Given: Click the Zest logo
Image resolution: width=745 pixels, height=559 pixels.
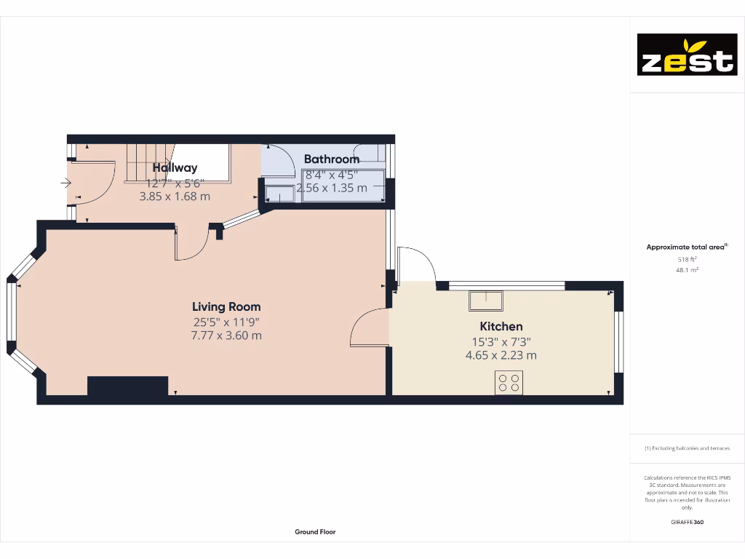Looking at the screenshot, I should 687,55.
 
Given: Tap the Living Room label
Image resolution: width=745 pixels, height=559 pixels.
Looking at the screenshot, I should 226,306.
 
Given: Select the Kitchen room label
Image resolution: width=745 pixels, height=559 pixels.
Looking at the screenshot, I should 501,327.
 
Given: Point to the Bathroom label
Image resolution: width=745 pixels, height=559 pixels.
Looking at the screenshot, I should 331,159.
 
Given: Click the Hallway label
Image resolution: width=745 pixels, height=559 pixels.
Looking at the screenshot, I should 175,168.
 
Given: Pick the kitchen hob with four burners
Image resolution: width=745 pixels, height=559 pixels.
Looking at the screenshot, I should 509,383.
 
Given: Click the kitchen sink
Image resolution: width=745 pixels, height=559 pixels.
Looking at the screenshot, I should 485,300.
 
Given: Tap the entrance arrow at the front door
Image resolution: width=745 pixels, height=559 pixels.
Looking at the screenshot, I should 66,183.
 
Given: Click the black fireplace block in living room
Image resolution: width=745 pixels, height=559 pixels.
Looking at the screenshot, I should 127,386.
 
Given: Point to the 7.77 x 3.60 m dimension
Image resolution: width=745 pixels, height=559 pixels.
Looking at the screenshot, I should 226,336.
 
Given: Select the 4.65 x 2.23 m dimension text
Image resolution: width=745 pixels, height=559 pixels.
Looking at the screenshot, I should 501,355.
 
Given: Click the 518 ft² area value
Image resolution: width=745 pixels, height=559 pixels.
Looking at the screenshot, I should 686,259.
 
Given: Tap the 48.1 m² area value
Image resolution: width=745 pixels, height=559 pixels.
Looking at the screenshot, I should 686,270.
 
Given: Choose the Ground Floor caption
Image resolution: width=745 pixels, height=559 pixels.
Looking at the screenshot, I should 315,532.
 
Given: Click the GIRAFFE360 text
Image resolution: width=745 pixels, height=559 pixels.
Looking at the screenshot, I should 687,522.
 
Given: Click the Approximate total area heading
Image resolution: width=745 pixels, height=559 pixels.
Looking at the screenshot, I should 686,247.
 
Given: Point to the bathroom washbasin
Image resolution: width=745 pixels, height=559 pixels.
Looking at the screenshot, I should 279,194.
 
